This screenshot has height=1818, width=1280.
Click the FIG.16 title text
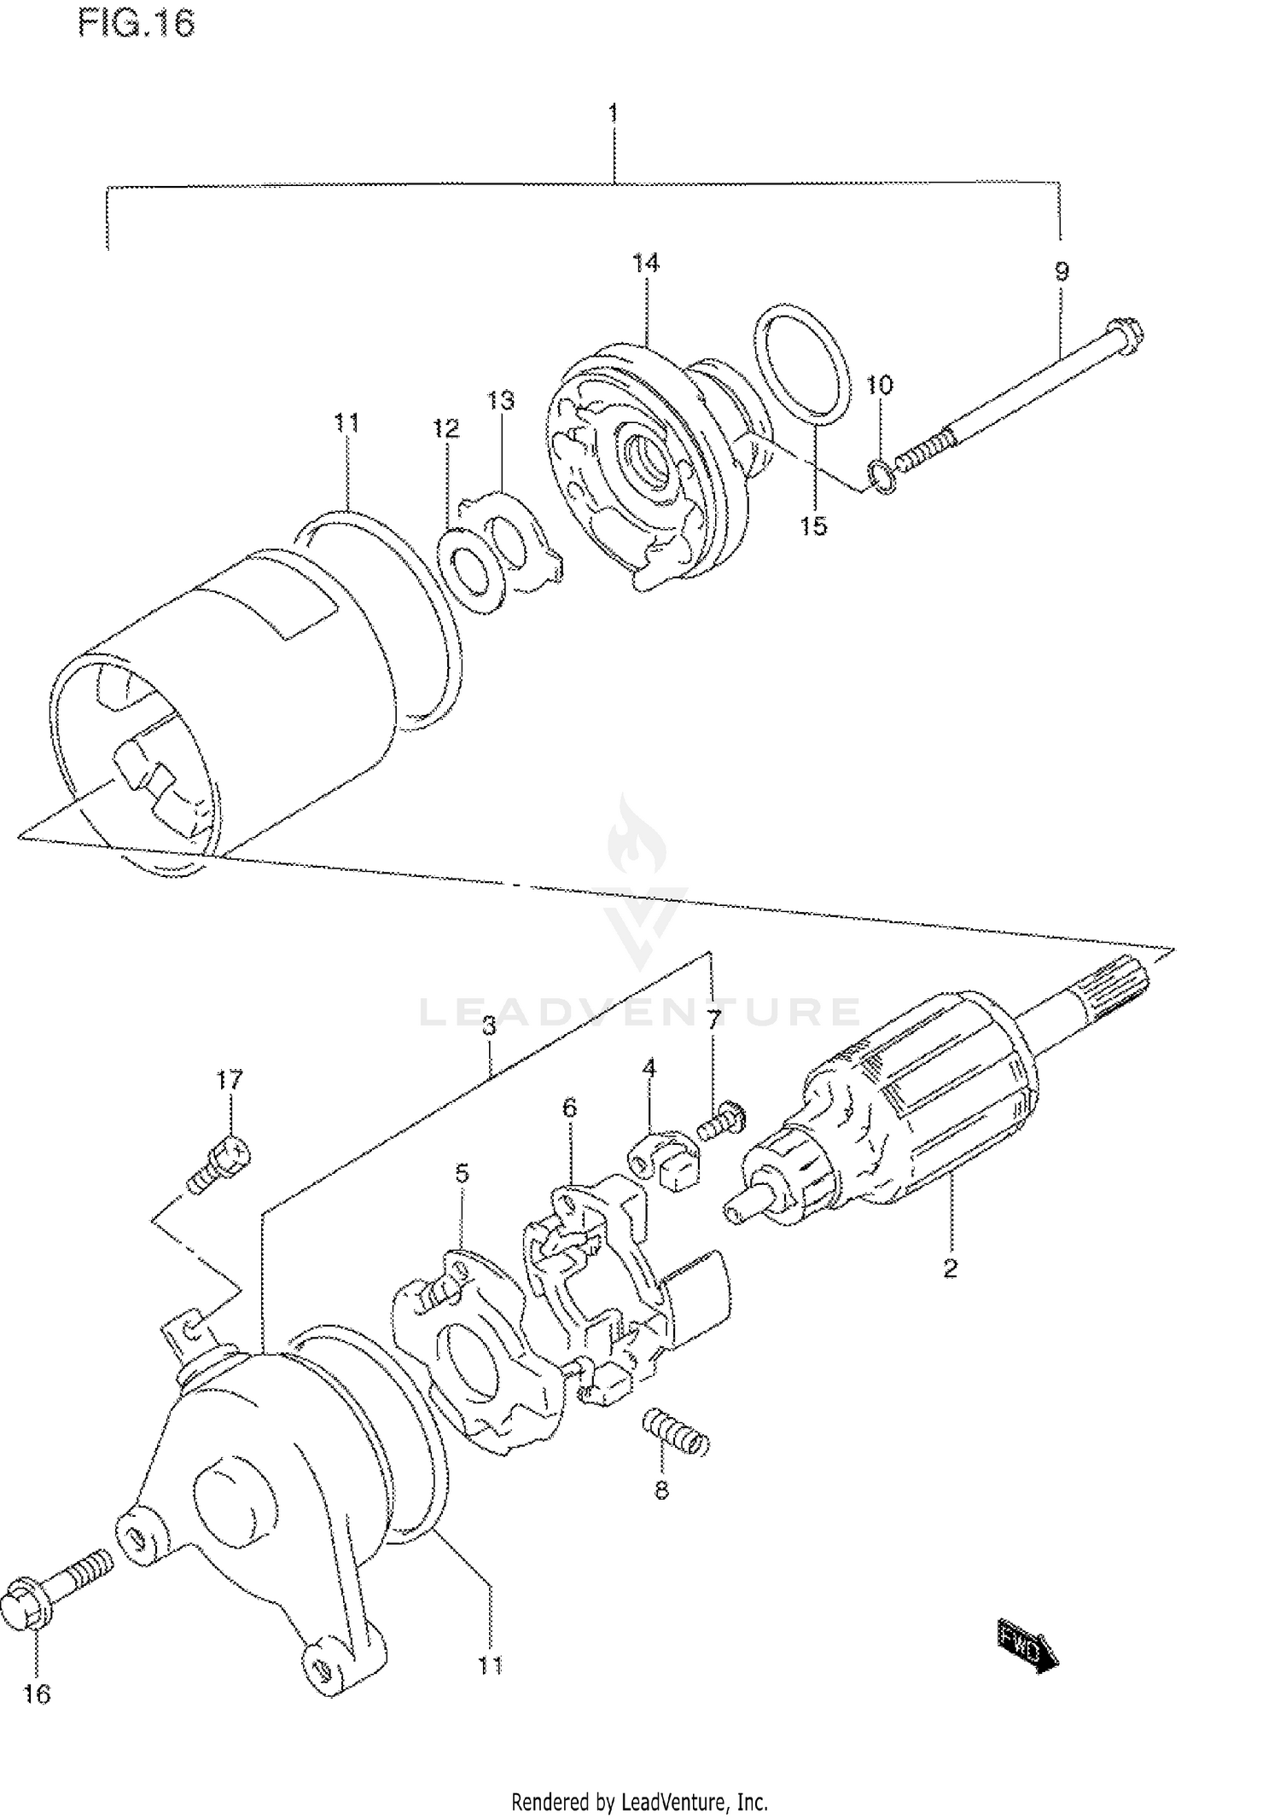click(x=137, y=22)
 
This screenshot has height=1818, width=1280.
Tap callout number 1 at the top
click(x=613, y=113)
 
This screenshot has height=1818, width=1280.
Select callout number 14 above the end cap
click(x=646, y=263)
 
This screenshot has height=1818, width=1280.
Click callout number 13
click(x=501, y=400)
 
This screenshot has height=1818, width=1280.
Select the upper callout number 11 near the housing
click(x=346, y=422)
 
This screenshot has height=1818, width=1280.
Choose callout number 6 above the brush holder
click(x=569, y=1107)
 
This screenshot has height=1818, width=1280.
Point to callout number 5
click(x=462, y=1174)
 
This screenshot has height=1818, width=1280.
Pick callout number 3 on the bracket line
click(x=489, y=1025)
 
